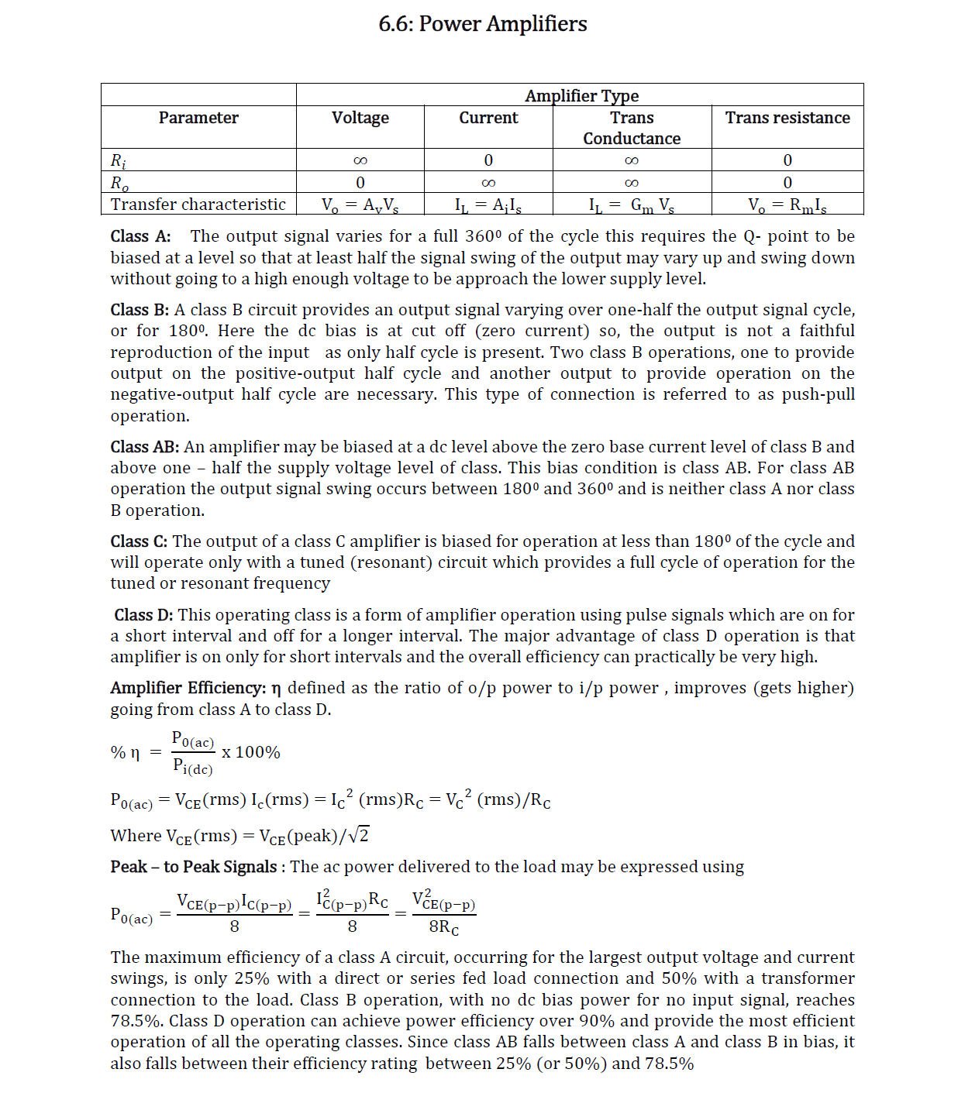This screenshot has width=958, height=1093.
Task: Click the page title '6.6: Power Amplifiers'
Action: click(x=482, y=24)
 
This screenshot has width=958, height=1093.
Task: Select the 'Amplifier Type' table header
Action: click(x=581, y=95)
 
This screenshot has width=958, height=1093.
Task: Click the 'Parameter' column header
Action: click(x=198, y=118)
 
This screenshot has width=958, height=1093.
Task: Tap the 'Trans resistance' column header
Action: click(x=787, y=118)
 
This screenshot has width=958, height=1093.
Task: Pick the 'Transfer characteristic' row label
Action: click(x=198, y=205)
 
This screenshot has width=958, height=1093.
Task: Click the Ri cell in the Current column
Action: click(x=488, y=160)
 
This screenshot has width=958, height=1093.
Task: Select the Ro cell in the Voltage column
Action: click(x=360, y=183)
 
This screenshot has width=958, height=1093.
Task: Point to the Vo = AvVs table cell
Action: click(x=360, y=205)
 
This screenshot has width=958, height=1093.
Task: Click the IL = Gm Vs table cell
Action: click(x=631, y=205)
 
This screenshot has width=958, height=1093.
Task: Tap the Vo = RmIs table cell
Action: click(x=787, y=205)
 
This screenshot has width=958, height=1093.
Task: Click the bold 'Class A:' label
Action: click(x=140, y=236)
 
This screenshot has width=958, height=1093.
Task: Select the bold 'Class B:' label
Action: click(x=140, y=310)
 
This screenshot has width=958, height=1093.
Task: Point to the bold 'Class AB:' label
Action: click(x=144, y=447)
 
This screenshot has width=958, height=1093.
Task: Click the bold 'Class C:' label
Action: click(x=139, y=541)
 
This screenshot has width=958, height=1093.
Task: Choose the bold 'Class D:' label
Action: click(x=143, y=615)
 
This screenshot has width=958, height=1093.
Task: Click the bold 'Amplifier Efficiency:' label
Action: click(x=188, y=688)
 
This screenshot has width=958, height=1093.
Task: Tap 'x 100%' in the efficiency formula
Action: click(x=250, y=752)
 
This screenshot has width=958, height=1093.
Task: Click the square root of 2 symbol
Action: click(x=359, y=835)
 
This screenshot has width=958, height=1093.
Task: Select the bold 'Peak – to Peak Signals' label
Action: click(x=194, y=867)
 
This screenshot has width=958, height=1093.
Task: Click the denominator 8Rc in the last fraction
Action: click(x=443, y=926)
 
